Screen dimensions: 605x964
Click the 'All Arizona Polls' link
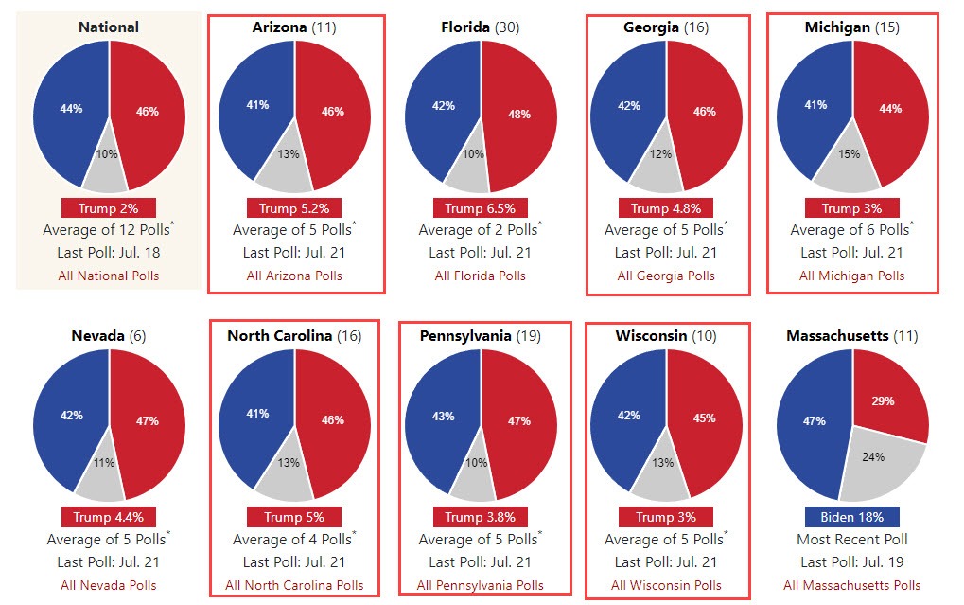coord(294,276)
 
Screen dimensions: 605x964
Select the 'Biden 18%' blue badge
coord(851,517)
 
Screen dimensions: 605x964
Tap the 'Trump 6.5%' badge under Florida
coord(480,208)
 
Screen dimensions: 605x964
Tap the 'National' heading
coord(109,27)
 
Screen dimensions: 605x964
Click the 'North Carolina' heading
coord(279,336)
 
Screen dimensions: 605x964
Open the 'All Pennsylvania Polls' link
coord(481,585)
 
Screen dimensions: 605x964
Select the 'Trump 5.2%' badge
coord(294,208)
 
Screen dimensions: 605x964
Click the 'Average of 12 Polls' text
coord(103,230)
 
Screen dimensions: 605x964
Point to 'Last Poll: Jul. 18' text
coord(109,252)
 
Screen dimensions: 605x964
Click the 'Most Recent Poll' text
coord(851,539)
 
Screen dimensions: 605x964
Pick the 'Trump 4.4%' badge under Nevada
coord(109,517)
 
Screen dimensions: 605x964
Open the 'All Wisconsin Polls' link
coord(666,585)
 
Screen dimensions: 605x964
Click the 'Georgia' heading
coord(651,27)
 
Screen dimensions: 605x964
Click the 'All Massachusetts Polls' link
coord(851,585)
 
